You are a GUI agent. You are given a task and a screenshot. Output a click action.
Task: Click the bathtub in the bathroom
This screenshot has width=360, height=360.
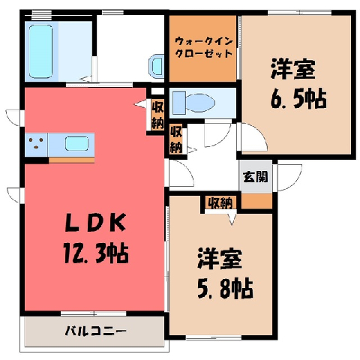[41, 51]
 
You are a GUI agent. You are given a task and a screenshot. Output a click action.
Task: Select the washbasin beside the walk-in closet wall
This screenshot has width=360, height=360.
[157, 65]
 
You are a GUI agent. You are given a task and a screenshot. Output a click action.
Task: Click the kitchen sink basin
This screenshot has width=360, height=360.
[76, 144]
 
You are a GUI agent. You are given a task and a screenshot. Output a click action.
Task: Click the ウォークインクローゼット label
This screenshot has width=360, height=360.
[203, 47]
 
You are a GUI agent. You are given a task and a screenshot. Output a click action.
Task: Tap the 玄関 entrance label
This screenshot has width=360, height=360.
[255, 176]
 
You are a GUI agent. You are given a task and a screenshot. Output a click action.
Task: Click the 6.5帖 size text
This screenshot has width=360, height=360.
[298, 99]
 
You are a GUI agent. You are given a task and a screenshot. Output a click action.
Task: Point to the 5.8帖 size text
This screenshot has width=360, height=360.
[225, 289]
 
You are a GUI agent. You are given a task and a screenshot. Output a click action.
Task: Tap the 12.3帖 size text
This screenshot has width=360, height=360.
[96, 253]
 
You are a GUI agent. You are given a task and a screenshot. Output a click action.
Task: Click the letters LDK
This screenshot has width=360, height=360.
[95, 223]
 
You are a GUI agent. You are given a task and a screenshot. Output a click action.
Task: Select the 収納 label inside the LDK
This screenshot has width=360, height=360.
[157, 115]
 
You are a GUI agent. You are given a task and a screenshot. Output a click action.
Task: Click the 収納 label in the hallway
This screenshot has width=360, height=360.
[176, 139]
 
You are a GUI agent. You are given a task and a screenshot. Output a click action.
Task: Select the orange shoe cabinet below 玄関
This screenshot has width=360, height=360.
[256, 200]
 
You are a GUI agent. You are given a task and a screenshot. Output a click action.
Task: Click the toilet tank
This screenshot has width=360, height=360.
[179, 103]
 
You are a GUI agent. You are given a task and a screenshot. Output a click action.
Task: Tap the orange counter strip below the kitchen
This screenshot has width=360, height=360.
[71, 160]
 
